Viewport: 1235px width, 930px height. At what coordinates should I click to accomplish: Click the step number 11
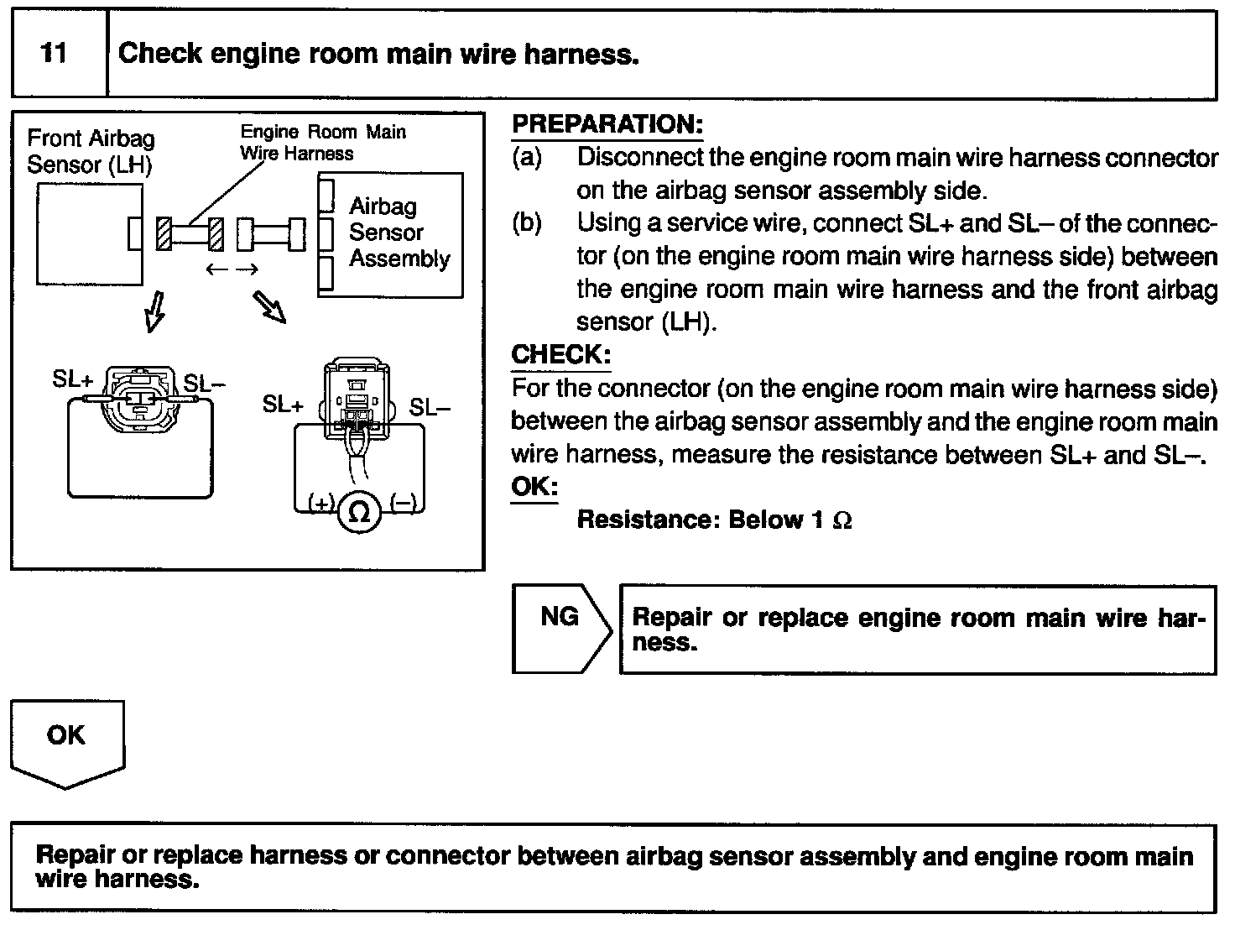click(54, 54)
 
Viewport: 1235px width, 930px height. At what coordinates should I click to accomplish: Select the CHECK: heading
click(560, 354)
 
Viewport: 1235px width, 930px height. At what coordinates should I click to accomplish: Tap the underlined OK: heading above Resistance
click(534, 487)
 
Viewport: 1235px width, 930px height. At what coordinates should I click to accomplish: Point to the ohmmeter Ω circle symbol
click(359, 513)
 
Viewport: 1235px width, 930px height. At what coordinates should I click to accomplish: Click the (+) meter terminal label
click(321, 504)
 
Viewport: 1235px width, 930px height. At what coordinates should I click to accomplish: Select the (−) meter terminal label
click(403, 504)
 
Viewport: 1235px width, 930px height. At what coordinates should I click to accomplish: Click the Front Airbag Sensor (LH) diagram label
click(90, 151)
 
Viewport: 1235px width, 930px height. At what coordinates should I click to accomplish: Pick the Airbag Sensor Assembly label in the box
click(399, 232)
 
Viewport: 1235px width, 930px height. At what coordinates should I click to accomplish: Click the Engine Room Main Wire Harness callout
click(322, 143)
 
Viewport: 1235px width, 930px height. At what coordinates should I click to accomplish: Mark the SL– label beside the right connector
click(430, 407)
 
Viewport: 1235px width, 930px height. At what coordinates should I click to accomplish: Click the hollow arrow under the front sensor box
click(154, 312)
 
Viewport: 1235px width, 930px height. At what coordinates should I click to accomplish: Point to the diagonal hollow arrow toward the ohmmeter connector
click(270, 307)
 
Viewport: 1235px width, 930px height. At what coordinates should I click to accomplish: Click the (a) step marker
click(527, 157)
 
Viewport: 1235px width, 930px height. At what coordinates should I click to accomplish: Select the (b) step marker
click(527, 223)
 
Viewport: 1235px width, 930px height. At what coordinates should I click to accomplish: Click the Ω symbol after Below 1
click(842, 521)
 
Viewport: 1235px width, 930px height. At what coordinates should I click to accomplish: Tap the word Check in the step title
click(160, 55)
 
